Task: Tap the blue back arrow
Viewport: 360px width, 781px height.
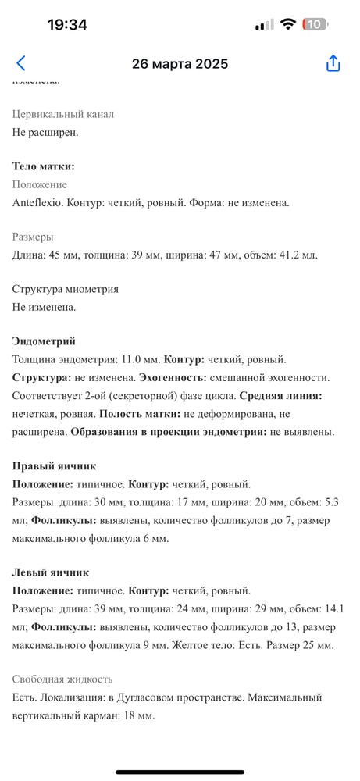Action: [x=21, y=64]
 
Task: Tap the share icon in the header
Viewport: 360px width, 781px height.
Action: [x=333, y=64]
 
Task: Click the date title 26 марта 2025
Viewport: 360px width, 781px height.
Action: [x=180, y=64]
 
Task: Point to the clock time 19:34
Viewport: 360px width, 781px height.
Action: [x=67, y=24]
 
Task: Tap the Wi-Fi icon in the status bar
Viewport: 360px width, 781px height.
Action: [x=288, y=24]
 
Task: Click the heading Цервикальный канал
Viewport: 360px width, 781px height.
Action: [x=63, y=114]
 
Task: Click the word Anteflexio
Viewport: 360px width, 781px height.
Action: [x=38, y=202]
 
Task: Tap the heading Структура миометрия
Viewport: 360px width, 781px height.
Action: [x=66, y=289]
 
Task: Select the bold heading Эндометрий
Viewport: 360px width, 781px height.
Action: [x=44, y=341]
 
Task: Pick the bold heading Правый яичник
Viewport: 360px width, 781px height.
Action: [x=55, y=466]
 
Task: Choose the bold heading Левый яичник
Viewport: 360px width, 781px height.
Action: [x=51, y=572]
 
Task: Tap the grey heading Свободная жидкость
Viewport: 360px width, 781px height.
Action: [x=62, y=679]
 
